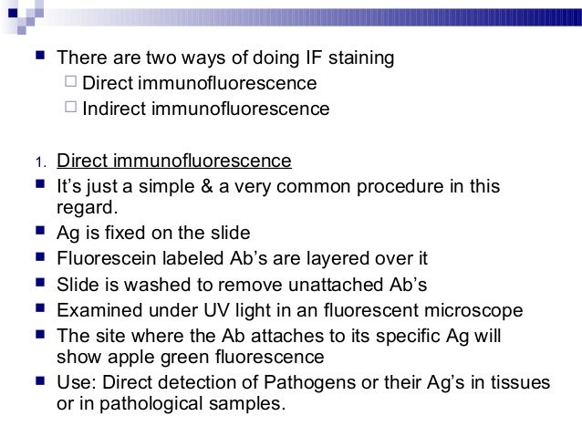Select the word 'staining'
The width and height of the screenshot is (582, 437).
pos(361,59)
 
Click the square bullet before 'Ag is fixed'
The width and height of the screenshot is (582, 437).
pos(36,233)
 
